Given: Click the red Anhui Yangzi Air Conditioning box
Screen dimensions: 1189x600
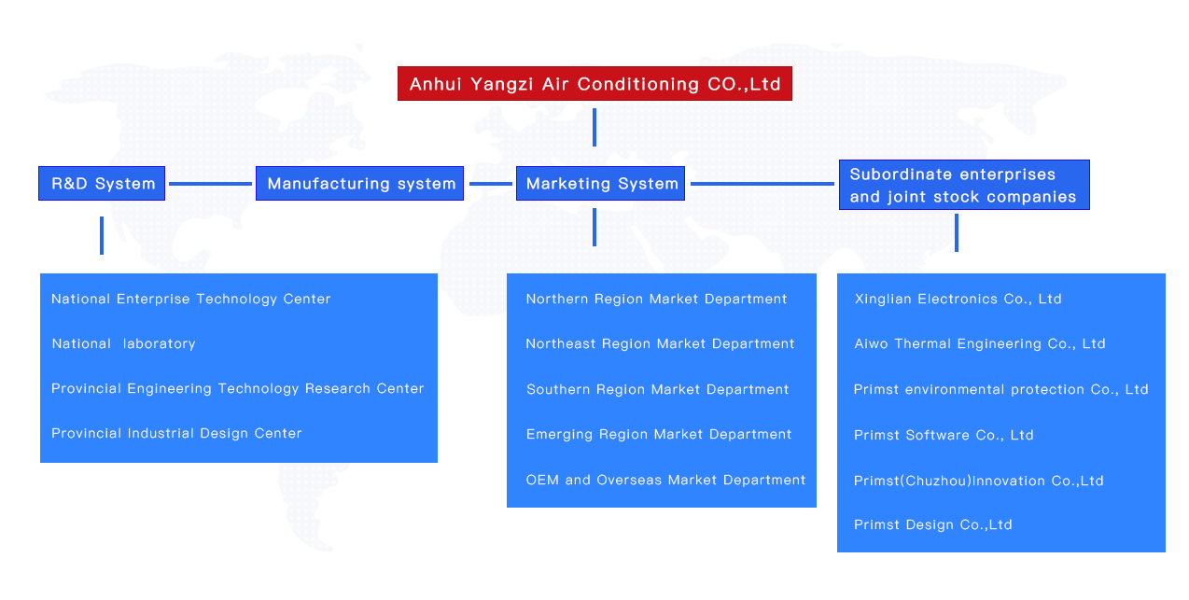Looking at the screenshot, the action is coord(594,83).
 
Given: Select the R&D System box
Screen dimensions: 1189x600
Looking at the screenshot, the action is coord(102,184).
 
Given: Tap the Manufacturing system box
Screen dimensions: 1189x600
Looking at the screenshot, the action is coord(360,184).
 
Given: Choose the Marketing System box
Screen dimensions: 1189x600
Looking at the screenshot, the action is coord(600,184).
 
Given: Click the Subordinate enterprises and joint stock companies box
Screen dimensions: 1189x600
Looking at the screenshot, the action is coord(964,185).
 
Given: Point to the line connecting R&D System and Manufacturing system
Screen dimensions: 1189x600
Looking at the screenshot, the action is coord(210,184).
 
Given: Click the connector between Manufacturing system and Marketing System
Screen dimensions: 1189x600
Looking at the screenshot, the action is coord(491,184).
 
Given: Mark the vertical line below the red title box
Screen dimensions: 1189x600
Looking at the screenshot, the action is coord(594,127).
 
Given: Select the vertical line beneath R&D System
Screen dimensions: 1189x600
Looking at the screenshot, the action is coord(102,235).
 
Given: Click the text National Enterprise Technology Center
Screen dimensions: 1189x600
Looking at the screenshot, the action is coord(191,300).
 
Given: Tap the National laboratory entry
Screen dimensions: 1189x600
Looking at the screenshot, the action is coord(124,343).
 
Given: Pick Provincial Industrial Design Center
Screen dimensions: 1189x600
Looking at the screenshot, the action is coord(176,433).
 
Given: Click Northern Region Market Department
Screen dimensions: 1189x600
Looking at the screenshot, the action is coord(657,300).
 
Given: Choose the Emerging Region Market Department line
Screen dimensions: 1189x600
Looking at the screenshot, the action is coord(659,435).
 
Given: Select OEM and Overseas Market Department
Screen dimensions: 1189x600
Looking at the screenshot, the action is coord(665,481).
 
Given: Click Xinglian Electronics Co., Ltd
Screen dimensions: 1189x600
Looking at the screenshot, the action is coord(958,300).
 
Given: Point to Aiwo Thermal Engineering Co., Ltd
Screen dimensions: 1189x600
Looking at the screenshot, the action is coord(980,343).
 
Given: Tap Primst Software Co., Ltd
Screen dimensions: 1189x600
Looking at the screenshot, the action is coord(944,435).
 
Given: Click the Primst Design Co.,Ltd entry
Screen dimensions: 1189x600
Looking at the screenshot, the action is coord(932,524).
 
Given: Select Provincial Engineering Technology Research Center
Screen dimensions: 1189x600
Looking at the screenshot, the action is coord(238,389).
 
